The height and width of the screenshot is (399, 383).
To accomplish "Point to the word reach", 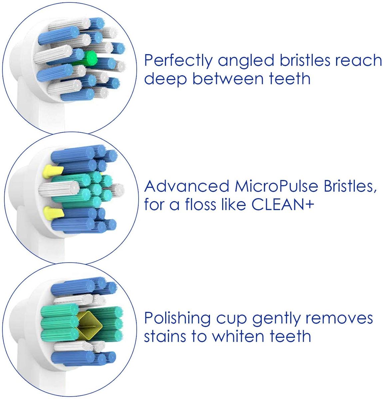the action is [359, 61].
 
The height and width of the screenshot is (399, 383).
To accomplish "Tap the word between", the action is [228, 79].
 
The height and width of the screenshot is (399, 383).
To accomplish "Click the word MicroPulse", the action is [276, 186].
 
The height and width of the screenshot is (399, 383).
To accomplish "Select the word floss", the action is [200, 204].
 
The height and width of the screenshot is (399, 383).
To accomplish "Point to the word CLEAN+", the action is [283, 204].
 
